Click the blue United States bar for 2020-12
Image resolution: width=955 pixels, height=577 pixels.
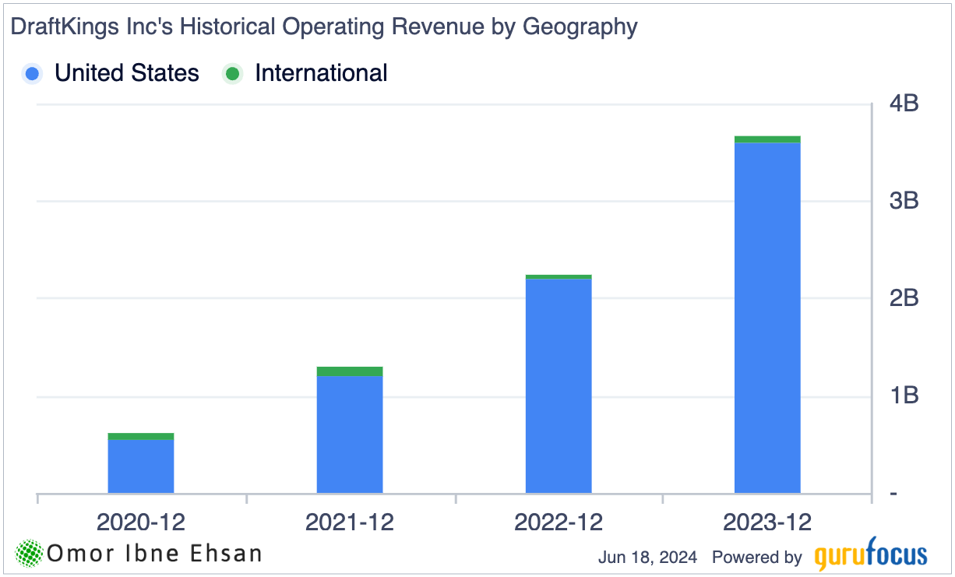point(140,466)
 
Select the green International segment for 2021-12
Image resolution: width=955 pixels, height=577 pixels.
point(350,371)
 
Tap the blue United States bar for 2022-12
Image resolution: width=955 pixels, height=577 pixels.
point(559,385)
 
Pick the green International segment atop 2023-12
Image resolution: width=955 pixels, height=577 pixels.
point(767,139)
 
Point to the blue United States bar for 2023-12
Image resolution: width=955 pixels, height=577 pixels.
point(767,318)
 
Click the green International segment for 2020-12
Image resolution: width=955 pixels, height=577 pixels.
point(140,437)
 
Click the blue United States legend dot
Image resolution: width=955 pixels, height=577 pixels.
point(33,74)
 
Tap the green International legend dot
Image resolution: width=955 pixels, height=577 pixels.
point(233,74)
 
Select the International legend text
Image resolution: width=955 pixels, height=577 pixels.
point(321,73)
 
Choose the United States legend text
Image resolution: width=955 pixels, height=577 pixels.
point(127,73)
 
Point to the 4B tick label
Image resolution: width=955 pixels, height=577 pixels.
point(903,103)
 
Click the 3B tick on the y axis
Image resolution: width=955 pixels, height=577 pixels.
point(903,201)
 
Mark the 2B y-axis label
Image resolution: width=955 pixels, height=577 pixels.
point(903,298)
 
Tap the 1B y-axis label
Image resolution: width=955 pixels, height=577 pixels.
point(903,396)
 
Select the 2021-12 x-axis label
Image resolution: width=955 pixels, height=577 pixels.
point(350,522)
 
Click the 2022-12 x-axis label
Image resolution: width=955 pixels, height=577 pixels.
point(559,522)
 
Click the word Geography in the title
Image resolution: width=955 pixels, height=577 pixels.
point(580,27)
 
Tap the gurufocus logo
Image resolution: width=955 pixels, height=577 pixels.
point(871,556)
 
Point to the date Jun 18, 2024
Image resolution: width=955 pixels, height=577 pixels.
point(647,558)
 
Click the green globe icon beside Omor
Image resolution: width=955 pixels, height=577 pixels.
point(30,554)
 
